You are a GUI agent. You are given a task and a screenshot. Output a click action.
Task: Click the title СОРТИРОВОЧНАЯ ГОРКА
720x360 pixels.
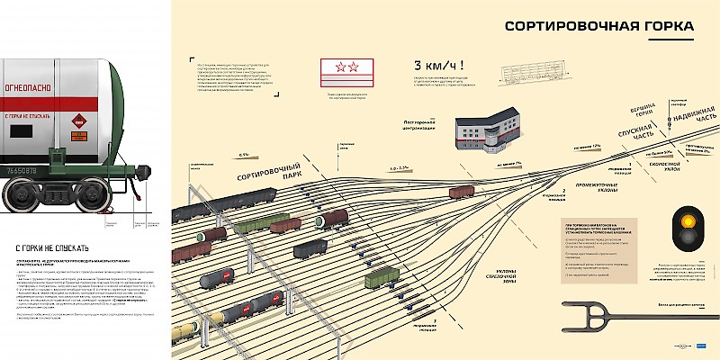[x=598, y=26]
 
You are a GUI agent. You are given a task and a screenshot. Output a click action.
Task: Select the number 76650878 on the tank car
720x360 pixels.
[x=24, y=169]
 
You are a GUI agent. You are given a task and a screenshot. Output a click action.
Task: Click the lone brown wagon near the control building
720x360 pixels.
[x=461, y=191]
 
